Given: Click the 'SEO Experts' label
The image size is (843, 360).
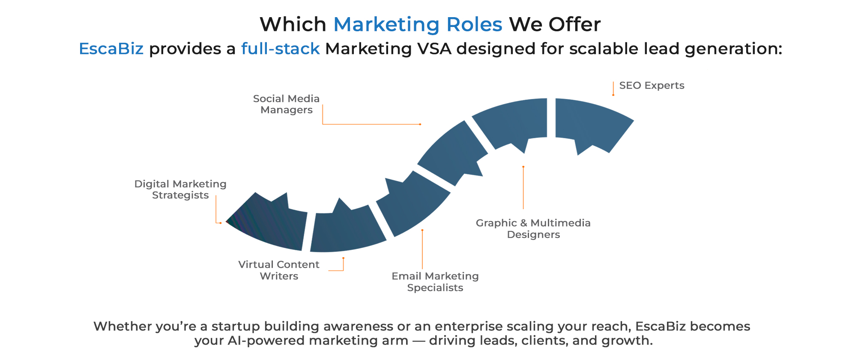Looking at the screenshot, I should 652,86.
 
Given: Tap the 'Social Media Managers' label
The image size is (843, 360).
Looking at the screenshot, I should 286,104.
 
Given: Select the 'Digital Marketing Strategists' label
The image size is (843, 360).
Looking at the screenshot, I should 180,189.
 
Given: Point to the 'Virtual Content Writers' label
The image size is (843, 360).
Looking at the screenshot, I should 279,270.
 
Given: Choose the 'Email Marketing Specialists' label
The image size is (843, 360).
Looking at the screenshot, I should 435,282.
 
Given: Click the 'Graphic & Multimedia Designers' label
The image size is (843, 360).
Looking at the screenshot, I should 533,228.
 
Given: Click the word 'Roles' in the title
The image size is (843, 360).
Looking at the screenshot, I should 474,24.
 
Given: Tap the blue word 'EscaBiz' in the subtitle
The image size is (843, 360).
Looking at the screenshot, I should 111,49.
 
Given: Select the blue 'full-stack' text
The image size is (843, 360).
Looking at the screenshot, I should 280,49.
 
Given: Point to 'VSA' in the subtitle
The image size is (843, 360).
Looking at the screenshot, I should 434,49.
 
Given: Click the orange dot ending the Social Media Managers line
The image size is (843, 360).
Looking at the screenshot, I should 420,124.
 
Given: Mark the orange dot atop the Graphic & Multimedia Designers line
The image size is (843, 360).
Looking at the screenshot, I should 523,167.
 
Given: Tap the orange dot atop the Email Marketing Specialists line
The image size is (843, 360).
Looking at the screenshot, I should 422,230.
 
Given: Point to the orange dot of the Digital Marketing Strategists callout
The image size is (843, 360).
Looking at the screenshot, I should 221,223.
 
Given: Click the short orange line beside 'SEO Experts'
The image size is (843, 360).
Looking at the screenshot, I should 613,88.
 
